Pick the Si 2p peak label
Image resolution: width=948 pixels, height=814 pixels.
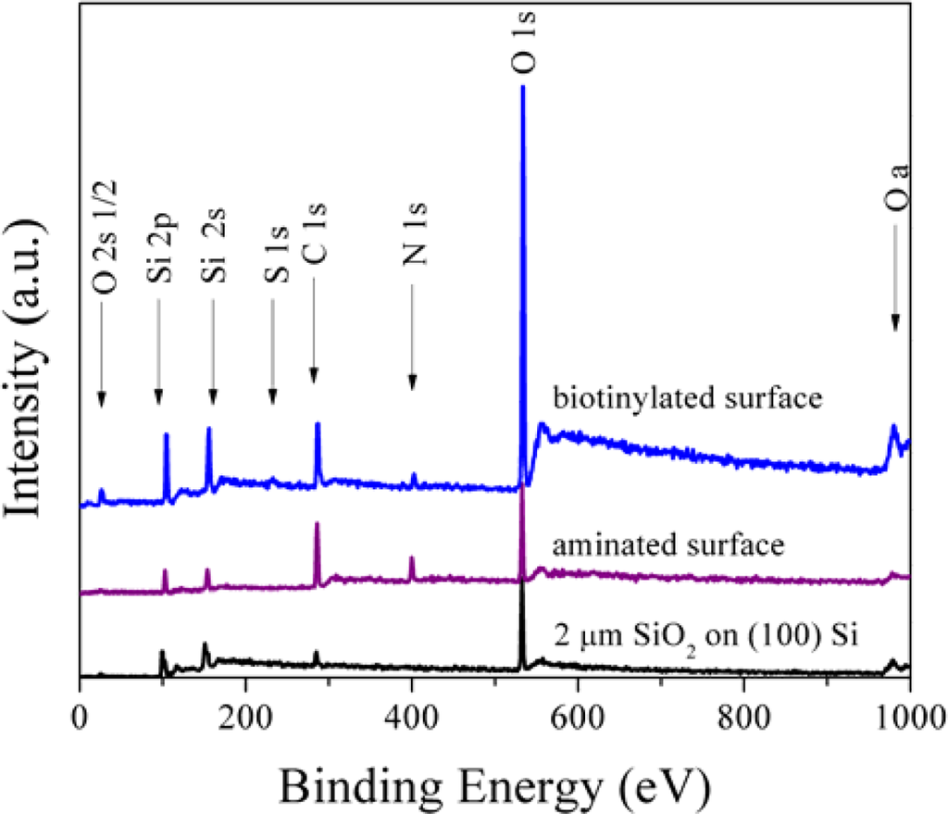tap(158, 244)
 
